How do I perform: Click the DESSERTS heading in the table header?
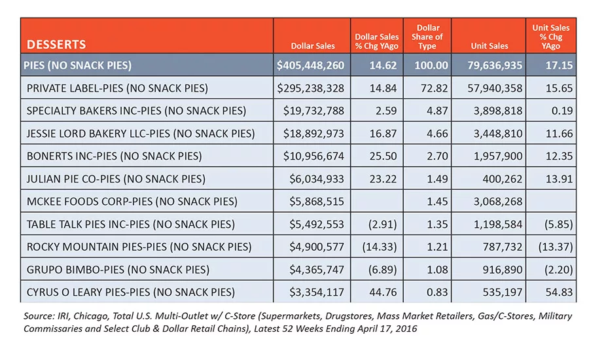56,45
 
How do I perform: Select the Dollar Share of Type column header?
427,37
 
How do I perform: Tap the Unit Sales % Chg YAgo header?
550,37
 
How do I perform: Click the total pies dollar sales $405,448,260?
310,65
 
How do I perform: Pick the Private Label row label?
117,88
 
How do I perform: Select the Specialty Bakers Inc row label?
136,111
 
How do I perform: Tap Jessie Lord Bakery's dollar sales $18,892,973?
313,134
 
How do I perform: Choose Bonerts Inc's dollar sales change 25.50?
383,156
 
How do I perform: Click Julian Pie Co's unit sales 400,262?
503,179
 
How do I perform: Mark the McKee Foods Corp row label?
132,202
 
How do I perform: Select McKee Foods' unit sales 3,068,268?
498,202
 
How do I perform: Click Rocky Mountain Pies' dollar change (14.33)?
380,247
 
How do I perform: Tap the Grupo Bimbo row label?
118,270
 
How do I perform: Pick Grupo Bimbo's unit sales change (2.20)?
559,270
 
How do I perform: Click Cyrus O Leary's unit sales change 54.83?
560,292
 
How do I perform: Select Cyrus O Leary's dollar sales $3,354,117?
317,292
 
